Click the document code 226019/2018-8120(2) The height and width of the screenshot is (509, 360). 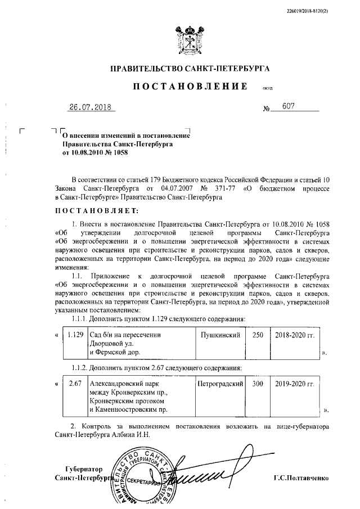[x=317, y=11]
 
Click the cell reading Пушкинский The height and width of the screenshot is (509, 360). [x=221, y=335]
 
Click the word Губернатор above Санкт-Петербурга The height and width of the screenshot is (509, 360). [x=84, y=469]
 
